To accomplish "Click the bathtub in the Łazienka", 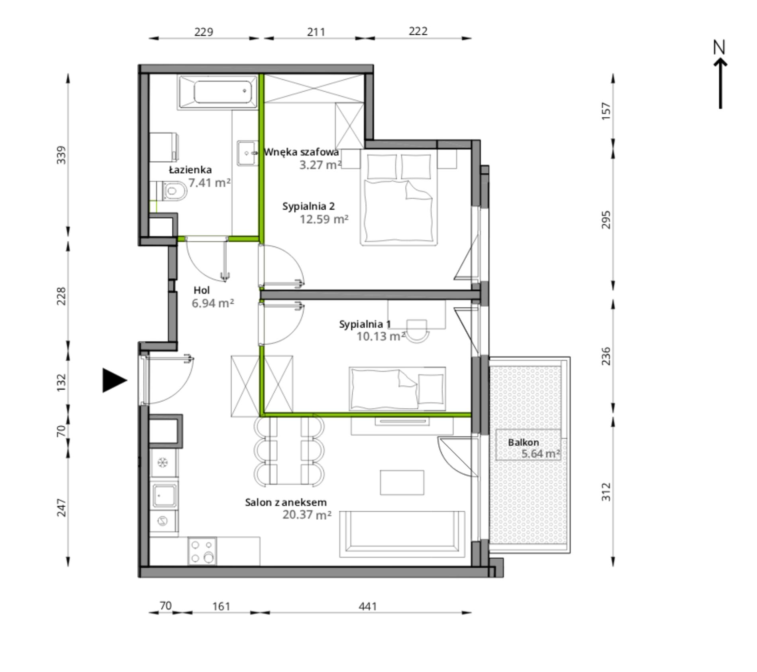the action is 218,93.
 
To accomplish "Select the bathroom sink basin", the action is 248,153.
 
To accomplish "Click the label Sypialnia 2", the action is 308,206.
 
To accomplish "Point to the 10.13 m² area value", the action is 381,336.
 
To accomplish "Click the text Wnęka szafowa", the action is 301,152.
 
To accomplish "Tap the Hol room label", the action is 202,290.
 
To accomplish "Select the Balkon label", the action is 523,442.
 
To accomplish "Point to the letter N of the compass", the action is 719,47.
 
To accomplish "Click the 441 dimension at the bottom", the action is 367,607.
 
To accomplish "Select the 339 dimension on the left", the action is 61,155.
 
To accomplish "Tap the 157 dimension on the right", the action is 606,111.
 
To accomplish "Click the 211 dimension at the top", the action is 316,32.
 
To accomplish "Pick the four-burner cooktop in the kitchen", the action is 202,551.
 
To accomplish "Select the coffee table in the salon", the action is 402,483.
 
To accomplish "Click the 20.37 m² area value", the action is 307,514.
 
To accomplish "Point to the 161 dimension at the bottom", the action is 221,607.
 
